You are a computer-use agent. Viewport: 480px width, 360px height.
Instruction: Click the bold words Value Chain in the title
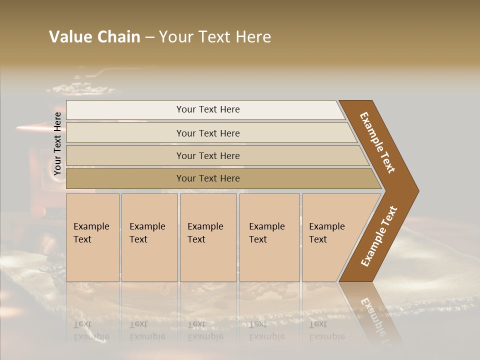pyautogui.click(x=94, y=37)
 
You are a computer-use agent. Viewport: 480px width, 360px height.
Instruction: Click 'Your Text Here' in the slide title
pyautogui.click(x=215, y=37)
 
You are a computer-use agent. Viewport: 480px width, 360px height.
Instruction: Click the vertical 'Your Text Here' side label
pyautogui.click(x=57, y=144)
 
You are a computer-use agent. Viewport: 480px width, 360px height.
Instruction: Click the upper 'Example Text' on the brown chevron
pyautogui.click(x=377, y=142)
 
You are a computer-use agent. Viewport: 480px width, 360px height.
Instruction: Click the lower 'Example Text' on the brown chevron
pyautogui.click(x=378, y=236)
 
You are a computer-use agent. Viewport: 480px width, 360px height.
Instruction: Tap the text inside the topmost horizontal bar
pyautogui.click(x=208, y=109)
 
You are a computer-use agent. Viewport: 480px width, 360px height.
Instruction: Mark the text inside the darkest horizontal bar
pyautogui.click(x=208, y=178)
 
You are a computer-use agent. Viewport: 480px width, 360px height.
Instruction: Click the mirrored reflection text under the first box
pyautogui.click(x=91, y=330)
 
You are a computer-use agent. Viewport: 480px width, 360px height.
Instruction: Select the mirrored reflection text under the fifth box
pyautogui.click(x=326, y=330)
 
